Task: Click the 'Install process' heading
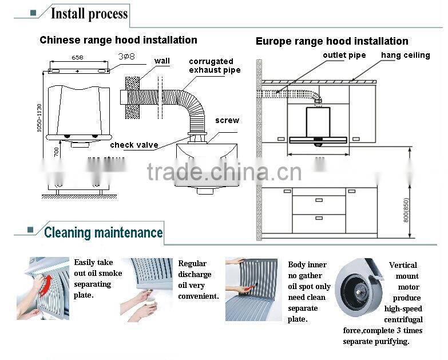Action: pos(89,14)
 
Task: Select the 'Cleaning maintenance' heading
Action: pos(103,232)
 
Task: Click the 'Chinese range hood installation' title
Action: pos(118,40)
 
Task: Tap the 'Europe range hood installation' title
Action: pos(332,41)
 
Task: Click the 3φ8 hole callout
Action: pos(126,57)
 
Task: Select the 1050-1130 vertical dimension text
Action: pos(39,118)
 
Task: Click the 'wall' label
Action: pos(162,61)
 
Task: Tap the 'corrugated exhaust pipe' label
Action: pos(215,66)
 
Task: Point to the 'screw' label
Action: pos(227,120)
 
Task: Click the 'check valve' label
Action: pos(134,145)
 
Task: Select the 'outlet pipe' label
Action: pos(344,56)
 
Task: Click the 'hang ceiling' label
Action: pos(405,56)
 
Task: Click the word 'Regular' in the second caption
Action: pos(192,264)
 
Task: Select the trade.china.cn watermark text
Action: pos(224,172)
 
